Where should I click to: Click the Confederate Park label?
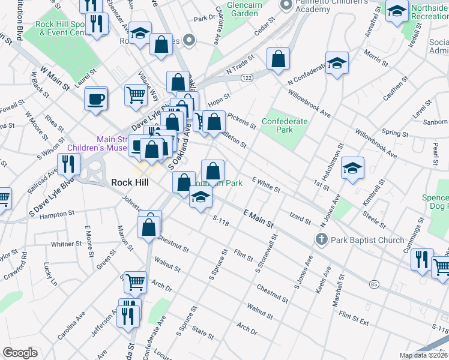[284, 125]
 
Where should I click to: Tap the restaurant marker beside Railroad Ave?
[68, 164]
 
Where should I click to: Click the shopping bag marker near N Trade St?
[277, 60]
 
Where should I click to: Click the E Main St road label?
[258, 218]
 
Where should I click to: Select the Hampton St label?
[58, 212]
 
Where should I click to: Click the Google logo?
[20, 353]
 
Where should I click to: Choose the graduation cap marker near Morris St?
[337, 64]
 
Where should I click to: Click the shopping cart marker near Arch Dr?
[135, 281]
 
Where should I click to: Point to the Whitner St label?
[66, 244]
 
